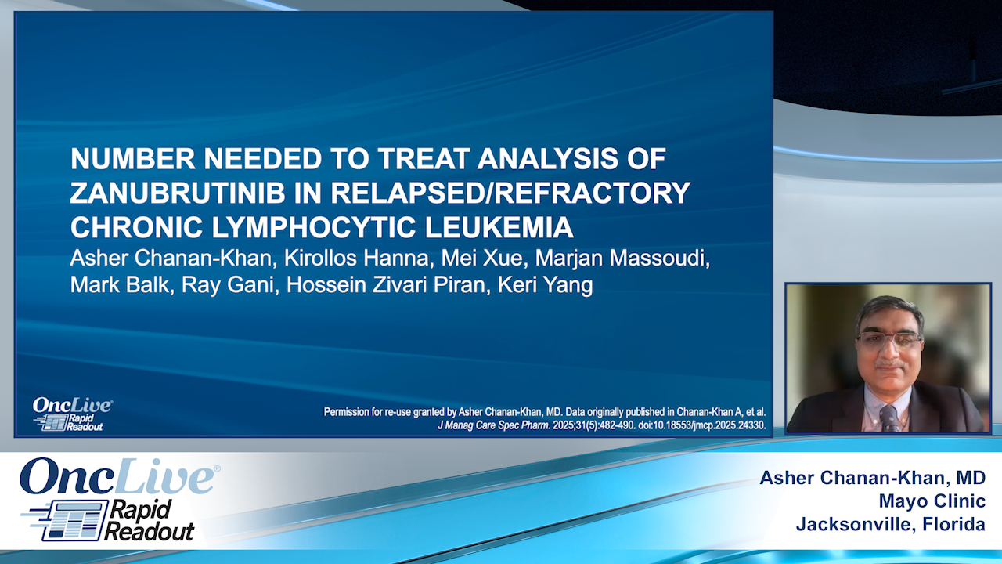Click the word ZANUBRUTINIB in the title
pyautogui.click(x=178, y=193)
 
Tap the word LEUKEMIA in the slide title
pyautogui.click(x=499, y=227)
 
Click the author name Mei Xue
pyautogui.click(x=482, y=258)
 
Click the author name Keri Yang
pyautogui.click(x=546, y=285)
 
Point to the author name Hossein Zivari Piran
pyautogui.click(x=386, y=284)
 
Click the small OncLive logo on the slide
pyautogui.click(x=72, y=414)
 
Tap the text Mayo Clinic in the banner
pyautogui.click(x=932, y=501)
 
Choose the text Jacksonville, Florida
pyautogui.click(x=891, y=524)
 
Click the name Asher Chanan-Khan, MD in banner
pyautogui.click(x=873, y=478)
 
